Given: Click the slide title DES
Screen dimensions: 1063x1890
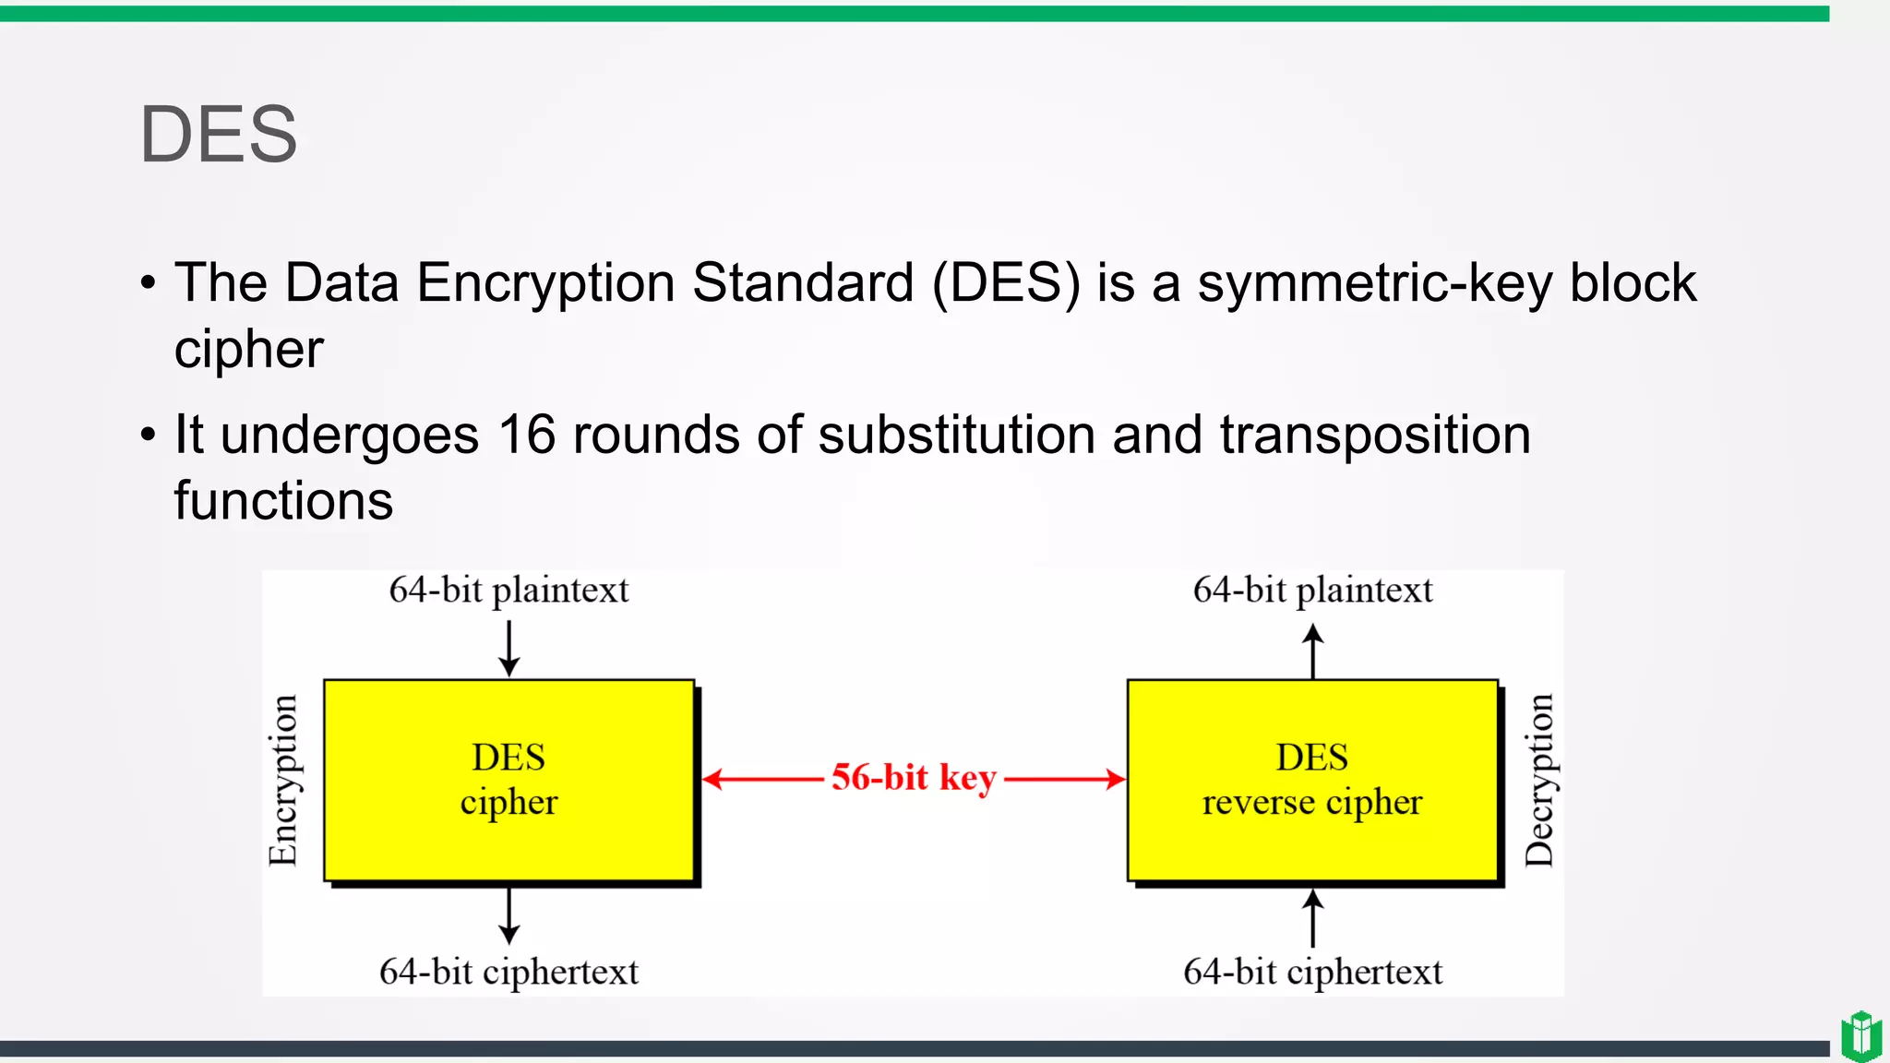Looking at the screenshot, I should pyautogui.click(x=218, y=135).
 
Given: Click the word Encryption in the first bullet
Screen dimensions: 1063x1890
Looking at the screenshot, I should pyautogui.click(x=545, y=283).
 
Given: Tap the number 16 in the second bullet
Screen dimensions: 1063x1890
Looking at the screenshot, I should pyautogui.click(x=526, y=435).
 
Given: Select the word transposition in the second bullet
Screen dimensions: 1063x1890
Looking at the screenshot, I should pyautogui.click(x=1375, y=435).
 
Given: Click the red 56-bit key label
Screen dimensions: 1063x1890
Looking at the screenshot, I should pyautogui.click(x=914, y=778).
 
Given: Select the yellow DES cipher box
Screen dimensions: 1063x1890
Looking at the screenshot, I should pyautogui.click(x=508, y=780).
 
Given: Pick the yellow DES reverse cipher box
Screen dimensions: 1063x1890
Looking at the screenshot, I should pyautogui.click(x=1311, y=780).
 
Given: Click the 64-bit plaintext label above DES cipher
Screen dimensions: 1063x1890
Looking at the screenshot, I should pyautogui.click(x=508, y=591).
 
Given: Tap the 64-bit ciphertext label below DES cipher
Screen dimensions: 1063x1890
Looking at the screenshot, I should pyautogui.click(x=508, y=972).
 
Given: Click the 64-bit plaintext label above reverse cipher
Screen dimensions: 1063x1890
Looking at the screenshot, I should pyautogui.click(x=1312, y=591).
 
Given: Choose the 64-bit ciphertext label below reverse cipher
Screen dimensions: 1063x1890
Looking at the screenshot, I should pyautogui.click(x=1312, y=972).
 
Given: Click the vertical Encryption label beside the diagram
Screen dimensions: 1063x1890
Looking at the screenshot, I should pyautogui.click(x=283, y=780).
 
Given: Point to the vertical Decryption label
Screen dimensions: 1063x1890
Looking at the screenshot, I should pyautogui.click(x=1538, y=780).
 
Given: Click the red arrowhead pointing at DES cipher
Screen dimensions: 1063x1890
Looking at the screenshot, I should pyautogui.click(x=712, y=780).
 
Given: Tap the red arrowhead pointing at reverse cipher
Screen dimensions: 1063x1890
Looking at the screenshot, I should pyautogui.click(x=1116, y=780).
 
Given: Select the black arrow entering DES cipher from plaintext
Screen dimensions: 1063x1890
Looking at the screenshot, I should pyautogui.click(x=508, y=650).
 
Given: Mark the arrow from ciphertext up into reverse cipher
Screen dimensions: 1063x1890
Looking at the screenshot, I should pyautogui.click(x=1312, y=917).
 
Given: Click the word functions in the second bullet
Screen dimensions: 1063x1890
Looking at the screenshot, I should pyautogui.click(x=283, y=501).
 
